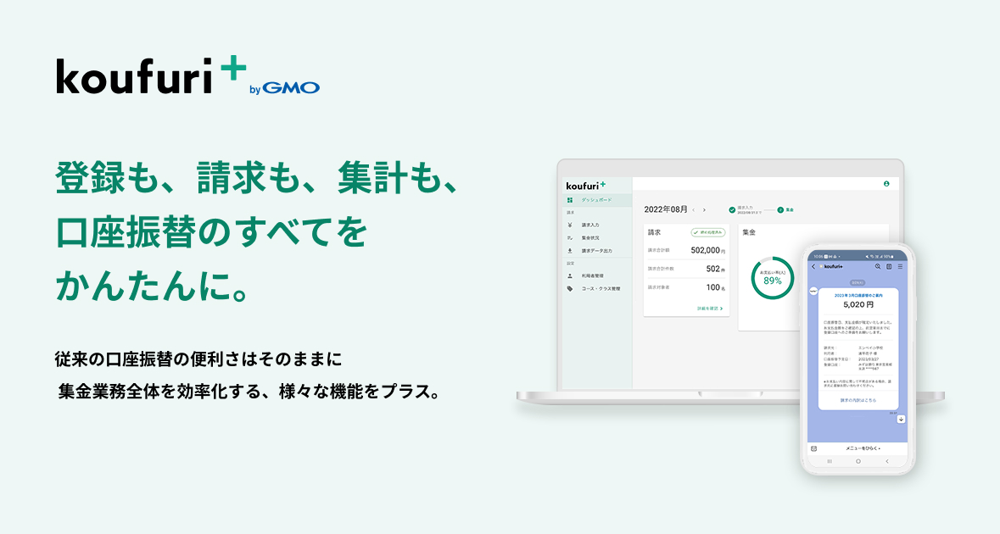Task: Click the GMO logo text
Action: [291, 87]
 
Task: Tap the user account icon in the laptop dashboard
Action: [886, 183]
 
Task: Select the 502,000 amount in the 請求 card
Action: [706, 250]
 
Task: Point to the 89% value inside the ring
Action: [772, 281]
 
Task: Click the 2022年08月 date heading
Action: [665, 209]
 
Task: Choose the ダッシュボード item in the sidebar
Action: [596, 200]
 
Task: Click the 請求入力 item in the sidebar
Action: [590, 225]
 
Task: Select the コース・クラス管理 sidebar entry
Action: [601, 288]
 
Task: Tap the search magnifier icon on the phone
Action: [878, 266]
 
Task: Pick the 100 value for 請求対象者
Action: [713, 287]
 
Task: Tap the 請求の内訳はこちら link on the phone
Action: [858, 399]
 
